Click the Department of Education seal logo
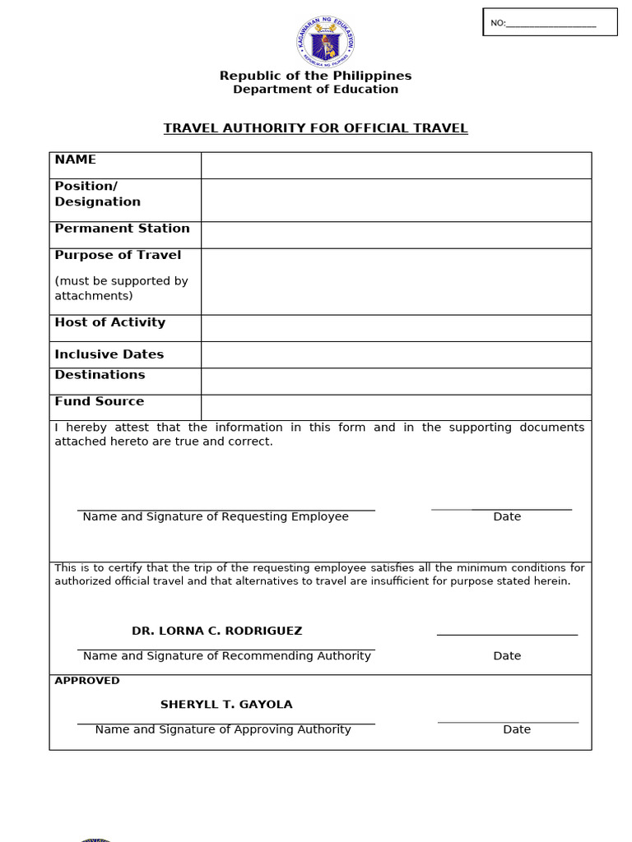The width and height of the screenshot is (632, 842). click(326, 42)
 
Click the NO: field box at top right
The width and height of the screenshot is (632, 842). click(550, 22)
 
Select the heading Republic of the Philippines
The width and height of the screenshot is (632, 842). click(315, 76)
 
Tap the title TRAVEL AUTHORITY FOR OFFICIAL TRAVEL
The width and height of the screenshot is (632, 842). click(315, 128)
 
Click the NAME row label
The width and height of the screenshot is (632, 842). click(76, 160)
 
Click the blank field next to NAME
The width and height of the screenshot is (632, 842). click(396, 165)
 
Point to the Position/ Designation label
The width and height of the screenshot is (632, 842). click(97, 194)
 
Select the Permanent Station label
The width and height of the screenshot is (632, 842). click(122, 229)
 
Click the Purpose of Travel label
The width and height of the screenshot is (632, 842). click(118, 255)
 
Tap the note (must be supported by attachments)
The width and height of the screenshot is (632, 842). click(121, 289)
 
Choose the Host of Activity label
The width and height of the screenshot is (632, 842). click(109, 322)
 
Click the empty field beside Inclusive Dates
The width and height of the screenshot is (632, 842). click(396, 354)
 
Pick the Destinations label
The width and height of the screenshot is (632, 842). click(100, 375)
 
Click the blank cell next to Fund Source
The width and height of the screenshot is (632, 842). click(396, 407)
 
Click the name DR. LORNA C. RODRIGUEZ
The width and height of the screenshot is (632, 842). click(217, 631)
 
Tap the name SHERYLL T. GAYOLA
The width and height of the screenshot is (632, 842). click(226, 705)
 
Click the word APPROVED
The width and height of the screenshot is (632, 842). click(87, 681)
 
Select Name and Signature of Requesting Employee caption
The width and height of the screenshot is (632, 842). click(216, 516)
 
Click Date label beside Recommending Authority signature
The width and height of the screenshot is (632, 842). click(507, 655)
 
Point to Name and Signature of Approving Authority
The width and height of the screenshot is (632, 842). click(223, 729)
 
